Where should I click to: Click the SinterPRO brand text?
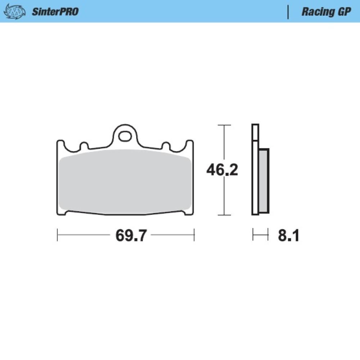[x=55, y=12]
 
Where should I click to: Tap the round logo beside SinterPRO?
[x=15, y=12]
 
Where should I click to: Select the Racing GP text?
[x=326, y=12]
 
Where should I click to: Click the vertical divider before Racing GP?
[x=288, y=12]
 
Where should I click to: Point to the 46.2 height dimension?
[x=222, y=170]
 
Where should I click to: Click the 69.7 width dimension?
[x=131, y=236]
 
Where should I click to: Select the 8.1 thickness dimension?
[x=289, y=236]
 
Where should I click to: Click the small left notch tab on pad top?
[x=84, y=145]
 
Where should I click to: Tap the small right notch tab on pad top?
[x=166, y=145]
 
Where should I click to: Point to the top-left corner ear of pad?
[x=60, y=144]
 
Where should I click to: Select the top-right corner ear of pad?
[x=190, y=144]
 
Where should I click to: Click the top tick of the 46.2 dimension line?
[x=224, y=125]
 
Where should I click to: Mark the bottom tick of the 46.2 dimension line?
[x=224, y=215]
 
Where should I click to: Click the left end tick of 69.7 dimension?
[x=58, y=235]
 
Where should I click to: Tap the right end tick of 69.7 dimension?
[x=194, y=235]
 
